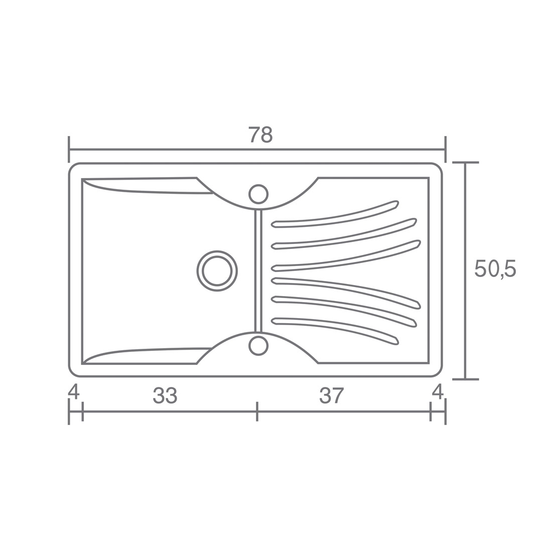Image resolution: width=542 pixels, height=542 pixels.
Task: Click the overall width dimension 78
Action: coord(260,135)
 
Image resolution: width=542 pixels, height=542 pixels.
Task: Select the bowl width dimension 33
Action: coord(165,395)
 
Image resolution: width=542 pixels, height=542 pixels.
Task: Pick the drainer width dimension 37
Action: coord(331,395)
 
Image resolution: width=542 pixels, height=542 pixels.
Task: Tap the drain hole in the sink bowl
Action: coord(217,271)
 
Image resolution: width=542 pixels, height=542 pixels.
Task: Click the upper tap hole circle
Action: coord(258,194)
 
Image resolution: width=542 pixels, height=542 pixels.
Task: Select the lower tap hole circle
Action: coord(258,346)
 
